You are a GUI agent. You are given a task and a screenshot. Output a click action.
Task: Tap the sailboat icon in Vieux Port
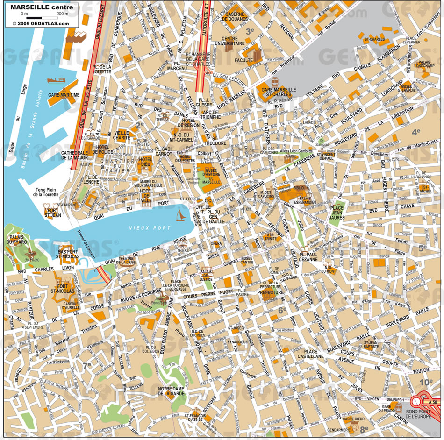(x=180, y=215)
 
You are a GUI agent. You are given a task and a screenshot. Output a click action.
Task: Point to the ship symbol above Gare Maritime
(x=56, y=80)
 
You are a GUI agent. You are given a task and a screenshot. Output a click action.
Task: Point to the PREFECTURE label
(x=271, y=293)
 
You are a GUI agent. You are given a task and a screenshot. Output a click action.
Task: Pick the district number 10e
(x=425, y=383)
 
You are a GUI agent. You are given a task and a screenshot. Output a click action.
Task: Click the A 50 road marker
(x=432, y=402)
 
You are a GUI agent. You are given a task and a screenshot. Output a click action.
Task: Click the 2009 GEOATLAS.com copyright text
(x=40, y=23)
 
